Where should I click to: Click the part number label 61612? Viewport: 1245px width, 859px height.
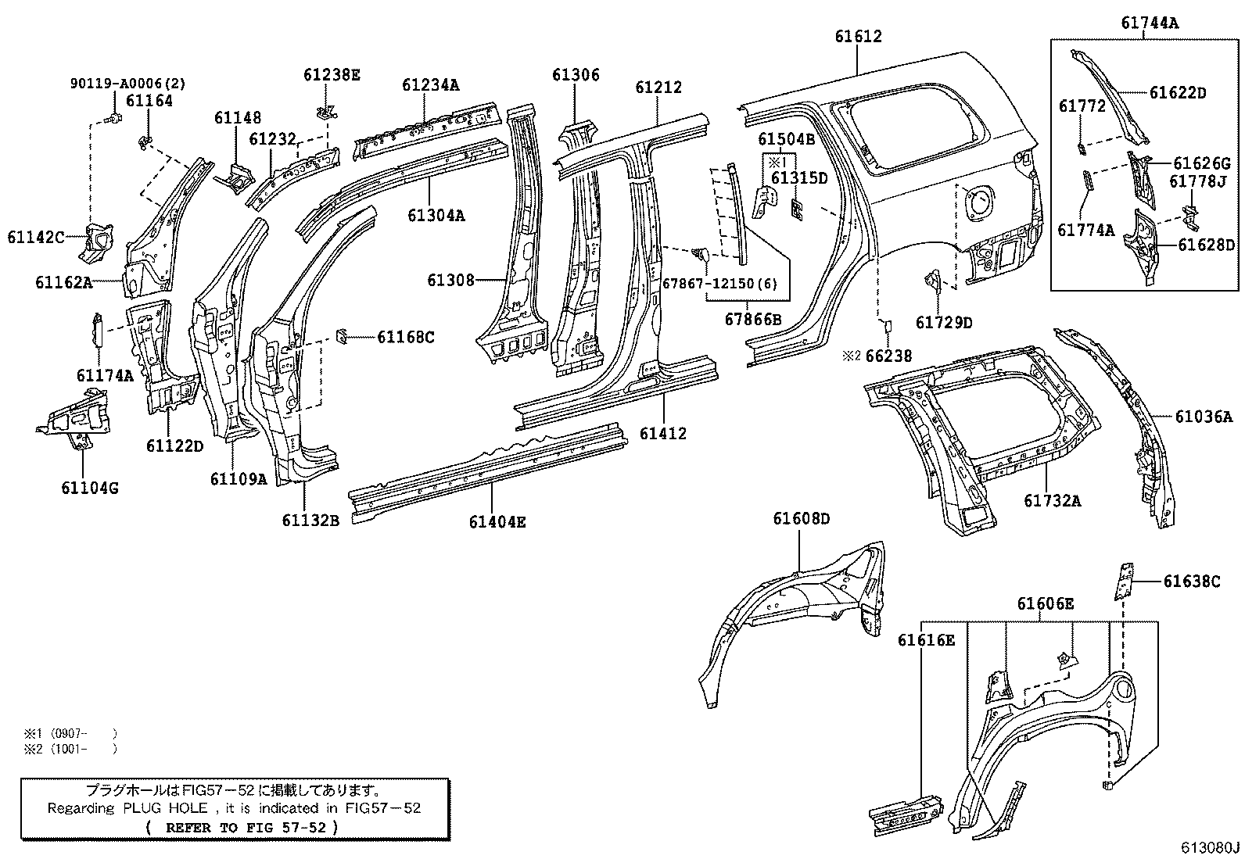pyautogui.click(x=858, y=36)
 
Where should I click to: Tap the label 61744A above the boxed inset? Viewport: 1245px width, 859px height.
pyautogui.click(x=1150, y=23)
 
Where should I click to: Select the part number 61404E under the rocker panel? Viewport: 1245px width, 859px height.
pyautogui.click(x=497, y=522)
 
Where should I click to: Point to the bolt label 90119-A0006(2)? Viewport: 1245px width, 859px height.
pyautogui.click(x=127, y=84)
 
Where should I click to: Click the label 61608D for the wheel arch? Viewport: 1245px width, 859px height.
pyautogui.click(x=801, y=518)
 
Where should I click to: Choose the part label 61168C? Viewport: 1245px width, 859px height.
pyautogui.click(x=406, y=337)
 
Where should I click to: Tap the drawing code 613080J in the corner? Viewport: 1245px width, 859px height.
pyautogui.click(x=1210, y=847)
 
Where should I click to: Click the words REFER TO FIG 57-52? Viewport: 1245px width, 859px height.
pyautogui.click(x=246, y=827)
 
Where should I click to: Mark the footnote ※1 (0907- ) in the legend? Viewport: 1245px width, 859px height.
pyautogui.click(x=70, y=733)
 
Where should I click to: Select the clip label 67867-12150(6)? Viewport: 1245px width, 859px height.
pyautogui.click(x=719, y=284)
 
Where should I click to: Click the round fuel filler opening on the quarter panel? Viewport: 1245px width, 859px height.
pyautogui.click(x=979, y=201)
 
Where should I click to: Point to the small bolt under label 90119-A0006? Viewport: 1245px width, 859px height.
pyautogui.click(x=114, y=118)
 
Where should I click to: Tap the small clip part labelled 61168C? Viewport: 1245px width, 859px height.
pyautogui.click(x=341, y=336)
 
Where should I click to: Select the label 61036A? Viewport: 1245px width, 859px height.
pyautogui.click(x=1204, y=416)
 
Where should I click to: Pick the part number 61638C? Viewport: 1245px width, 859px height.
pyautogui.click(x=1192, y=582)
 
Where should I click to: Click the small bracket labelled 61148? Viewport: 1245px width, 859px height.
pyautogui.click(x=235, y=177)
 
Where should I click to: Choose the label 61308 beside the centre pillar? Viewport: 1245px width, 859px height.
pyautogui.click(x=450, y=280)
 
